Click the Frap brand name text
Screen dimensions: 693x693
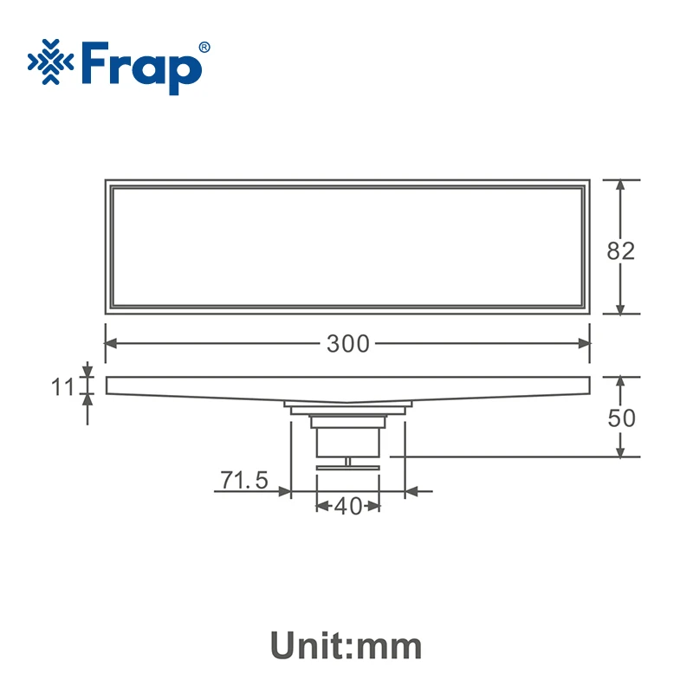142,68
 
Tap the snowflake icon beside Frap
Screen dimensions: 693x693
51,62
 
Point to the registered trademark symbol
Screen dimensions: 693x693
204,48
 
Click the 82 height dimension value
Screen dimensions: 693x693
620,251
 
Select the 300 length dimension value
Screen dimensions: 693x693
348,344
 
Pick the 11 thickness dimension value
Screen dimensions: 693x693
62,387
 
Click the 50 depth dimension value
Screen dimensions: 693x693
621,418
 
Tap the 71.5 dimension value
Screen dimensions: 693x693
244,480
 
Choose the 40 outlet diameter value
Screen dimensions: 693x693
348,507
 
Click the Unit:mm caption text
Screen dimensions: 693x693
346,645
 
